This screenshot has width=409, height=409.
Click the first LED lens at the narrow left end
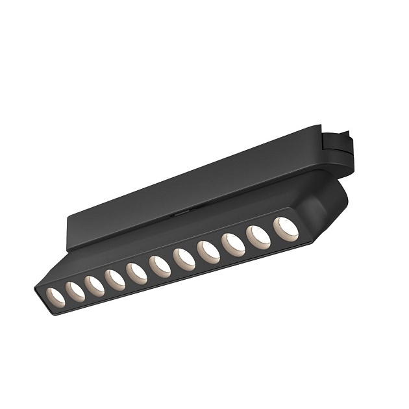pyautogui.click(x=55, y=295)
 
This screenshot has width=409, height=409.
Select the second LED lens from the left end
pyautogui.click(x=75, y=291)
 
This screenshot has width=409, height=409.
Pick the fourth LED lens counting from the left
pyautogui.click(x=116, y=280)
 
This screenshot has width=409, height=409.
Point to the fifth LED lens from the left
pyautogui.click(x=137, y=273)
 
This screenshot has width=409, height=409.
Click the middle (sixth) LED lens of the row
pyautogui.click(x=160, y=266)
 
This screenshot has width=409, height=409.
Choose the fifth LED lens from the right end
pyautogui.click(x=184, y=259)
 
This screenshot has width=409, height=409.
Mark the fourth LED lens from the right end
pyautogui.click(x=208, y=252)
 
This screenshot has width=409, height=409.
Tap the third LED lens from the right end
pyautogui.click(x=233, y=245)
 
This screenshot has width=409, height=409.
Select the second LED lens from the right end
pyautogui.click(x=258, y=237)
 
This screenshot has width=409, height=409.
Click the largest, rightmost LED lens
pyautogui.click(x=286, y=229)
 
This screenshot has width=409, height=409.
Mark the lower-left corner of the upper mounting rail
pyautogui.click(x=69, y=247)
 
